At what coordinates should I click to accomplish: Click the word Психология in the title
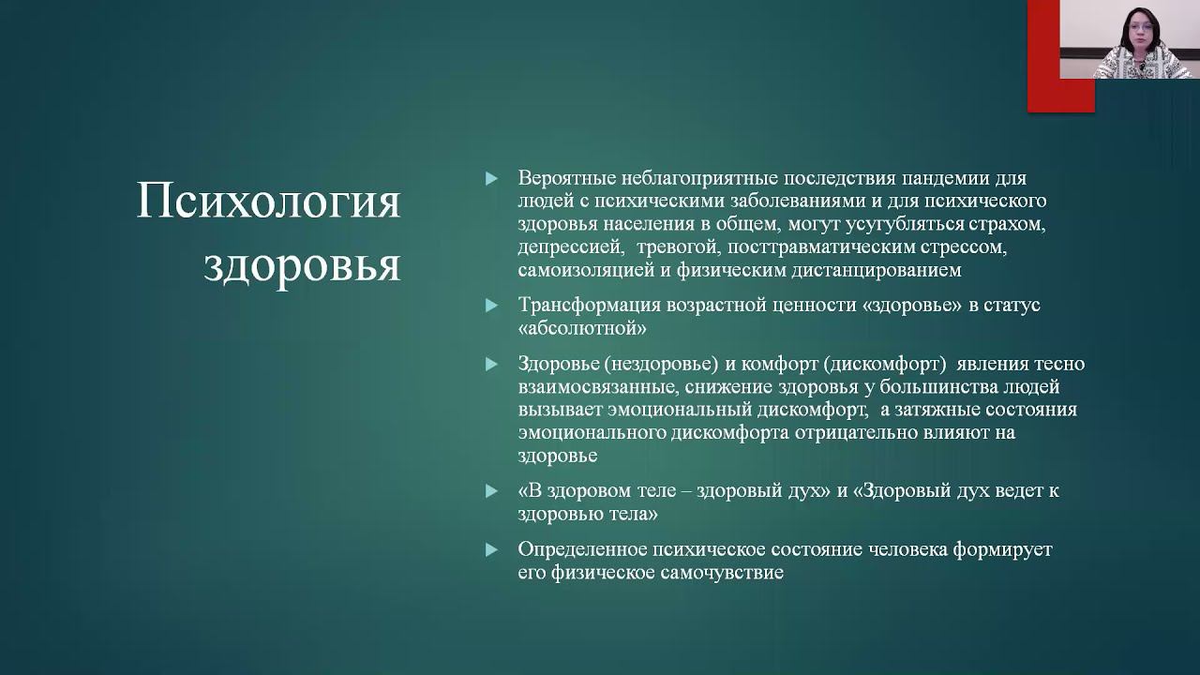pos(268,202)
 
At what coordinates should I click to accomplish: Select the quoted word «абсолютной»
pos(582,329)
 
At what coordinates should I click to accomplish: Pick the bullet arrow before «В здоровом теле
pos(490,491)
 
